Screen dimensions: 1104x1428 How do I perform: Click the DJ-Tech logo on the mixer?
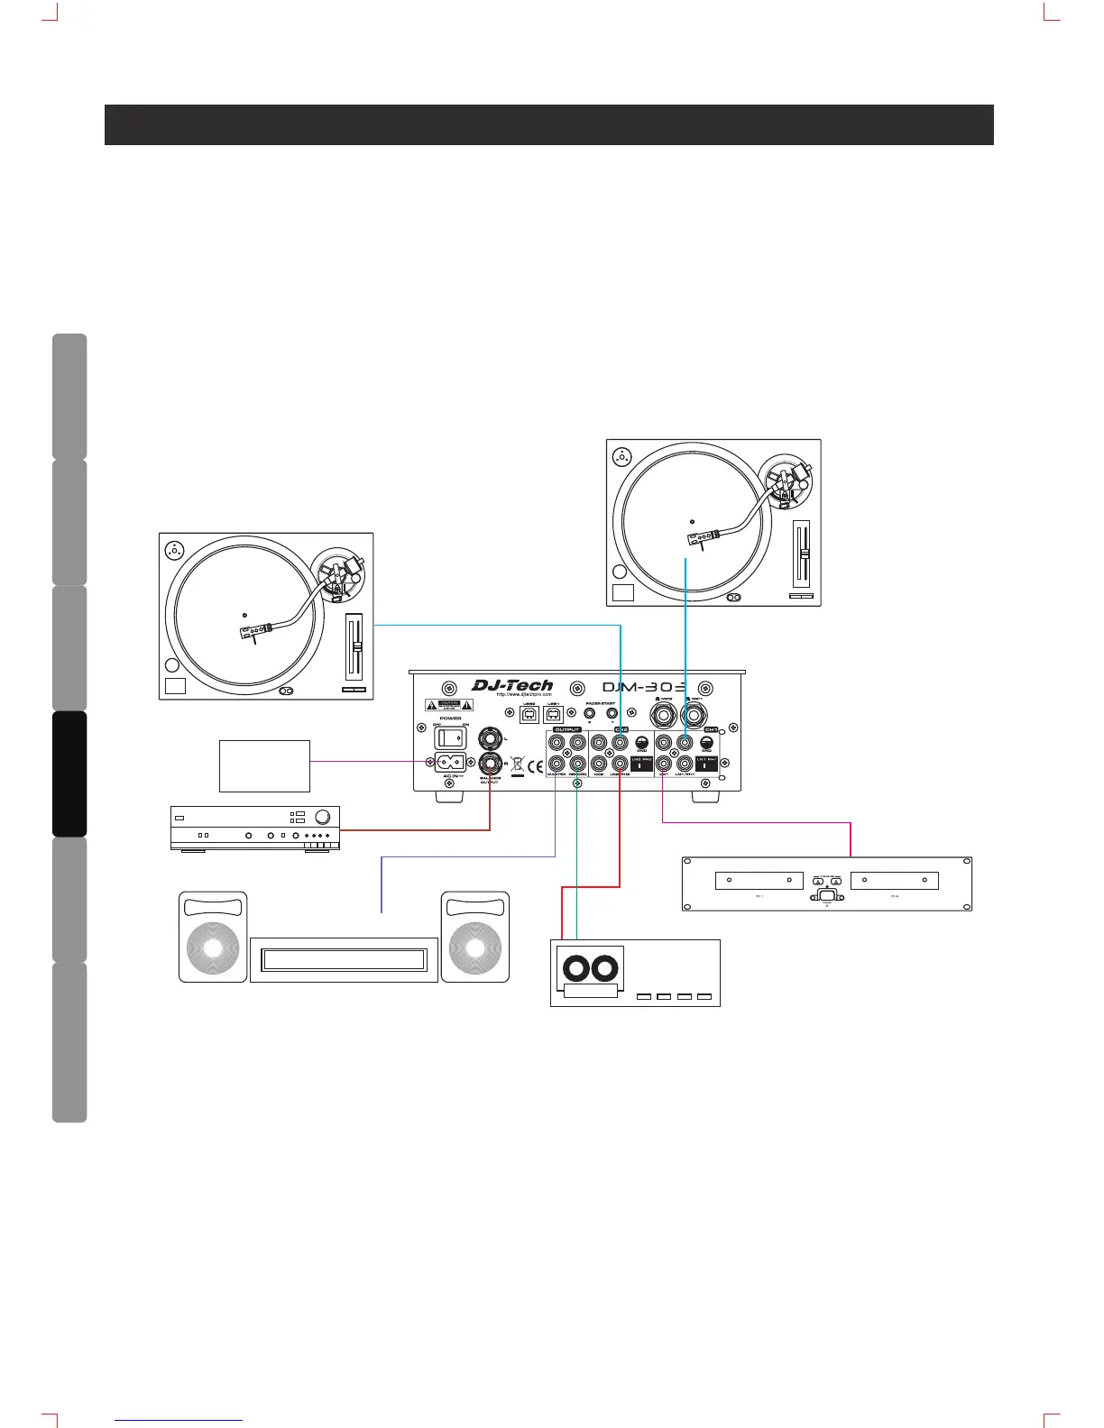point(512,686)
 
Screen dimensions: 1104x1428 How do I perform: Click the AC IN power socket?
point(450,763)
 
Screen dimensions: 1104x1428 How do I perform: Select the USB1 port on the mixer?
point(553,716)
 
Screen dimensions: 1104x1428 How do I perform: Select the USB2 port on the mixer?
point(529,716)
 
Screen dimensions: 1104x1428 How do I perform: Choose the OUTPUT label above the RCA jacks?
point(566,729)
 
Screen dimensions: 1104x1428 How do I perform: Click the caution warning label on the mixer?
point(448,706)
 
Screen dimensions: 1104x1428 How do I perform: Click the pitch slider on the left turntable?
point(356,647)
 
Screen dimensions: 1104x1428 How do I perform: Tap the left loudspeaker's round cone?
point(213,949)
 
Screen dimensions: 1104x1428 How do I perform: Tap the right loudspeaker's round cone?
point(475,949)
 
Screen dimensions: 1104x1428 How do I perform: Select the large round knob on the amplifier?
point(324,818)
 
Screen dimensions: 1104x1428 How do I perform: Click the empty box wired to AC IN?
point(264,765)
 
